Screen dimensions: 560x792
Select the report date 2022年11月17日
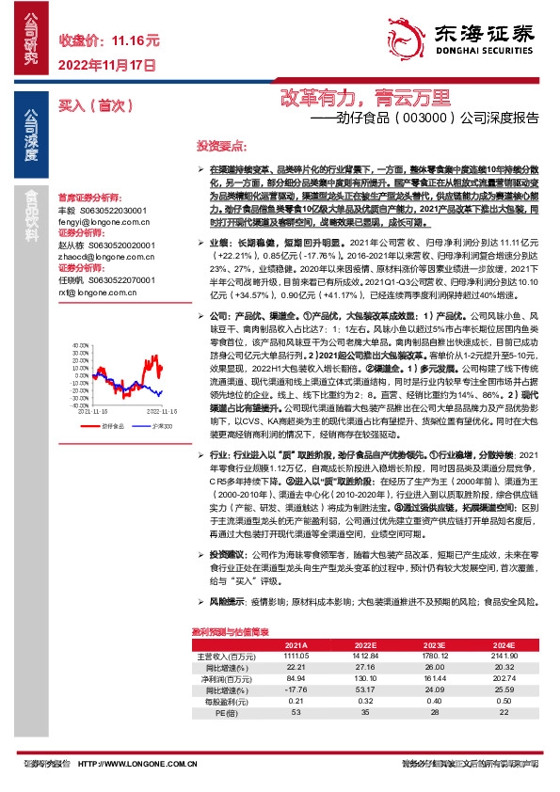106,66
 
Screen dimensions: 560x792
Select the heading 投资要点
221,147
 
